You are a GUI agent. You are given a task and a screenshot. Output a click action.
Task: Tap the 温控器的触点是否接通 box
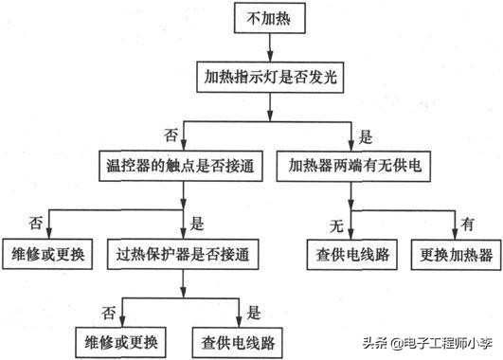183,168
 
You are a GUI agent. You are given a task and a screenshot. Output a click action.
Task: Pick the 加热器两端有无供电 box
352,168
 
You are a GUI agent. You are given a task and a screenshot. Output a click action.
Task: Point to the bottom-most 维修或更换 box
121,338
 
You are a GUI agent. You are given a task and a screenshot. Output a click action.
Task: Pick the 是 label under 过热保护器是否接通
253,310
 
